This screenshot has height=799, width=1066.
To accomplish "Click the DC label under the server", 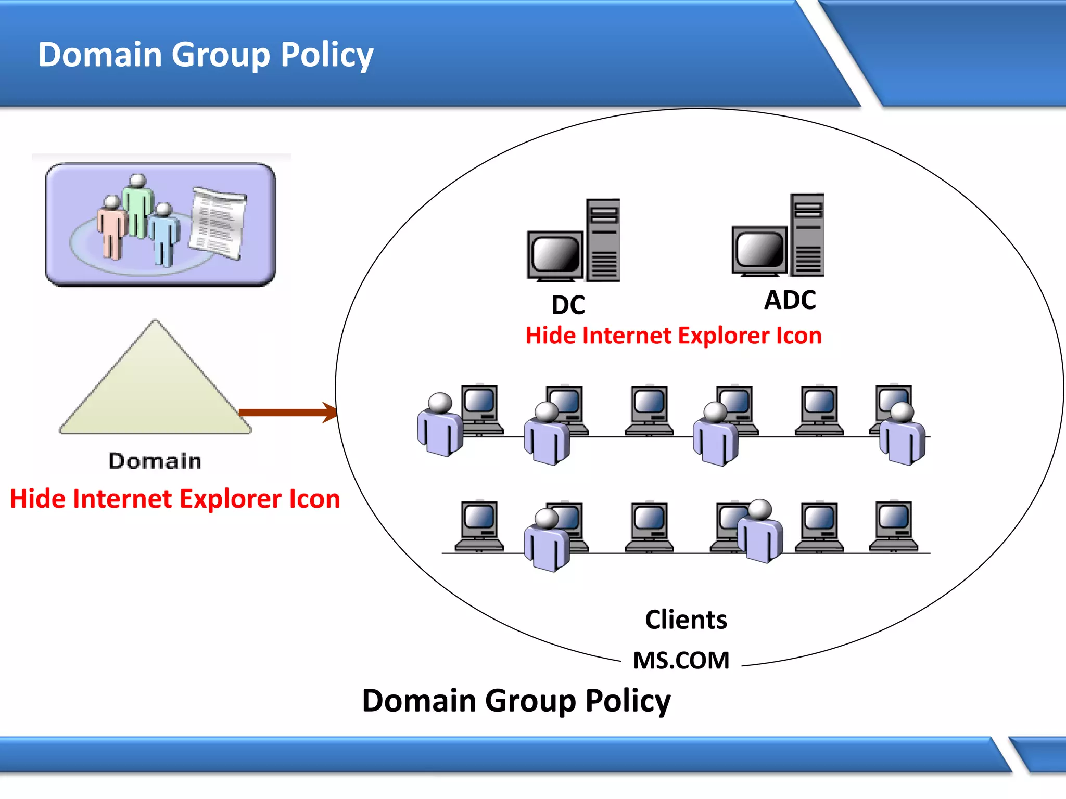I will pos(568,305).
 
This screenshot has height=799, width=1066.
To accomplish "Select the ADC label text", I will pos(790,300).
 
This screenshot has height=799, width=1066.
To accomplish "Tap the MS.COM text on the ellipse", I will pos(681,661).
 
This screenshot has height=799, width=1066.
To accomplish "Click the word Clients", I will pos(686,620).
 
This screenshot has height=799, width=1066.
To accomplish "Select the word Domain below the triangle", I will pos(155,461).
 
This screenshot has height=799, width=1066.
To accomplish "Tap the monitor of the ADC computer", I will pos(759,250).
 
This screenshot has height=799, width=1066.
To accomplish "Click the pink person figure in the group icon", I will pos(111,229).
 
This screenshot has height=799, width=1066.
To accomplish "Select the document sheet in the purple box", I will pos(218,223).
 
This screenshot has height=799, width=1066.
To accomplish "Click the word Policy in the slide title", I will pos(327,55).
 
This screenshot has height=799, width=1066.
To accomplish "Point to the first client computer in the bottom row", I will pos(479,525).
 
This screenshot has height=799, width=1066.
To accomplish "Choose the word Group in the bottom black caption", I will pos(530,701).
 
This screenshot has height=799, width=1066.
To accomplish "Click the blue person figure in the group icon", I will pos(165,234).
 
